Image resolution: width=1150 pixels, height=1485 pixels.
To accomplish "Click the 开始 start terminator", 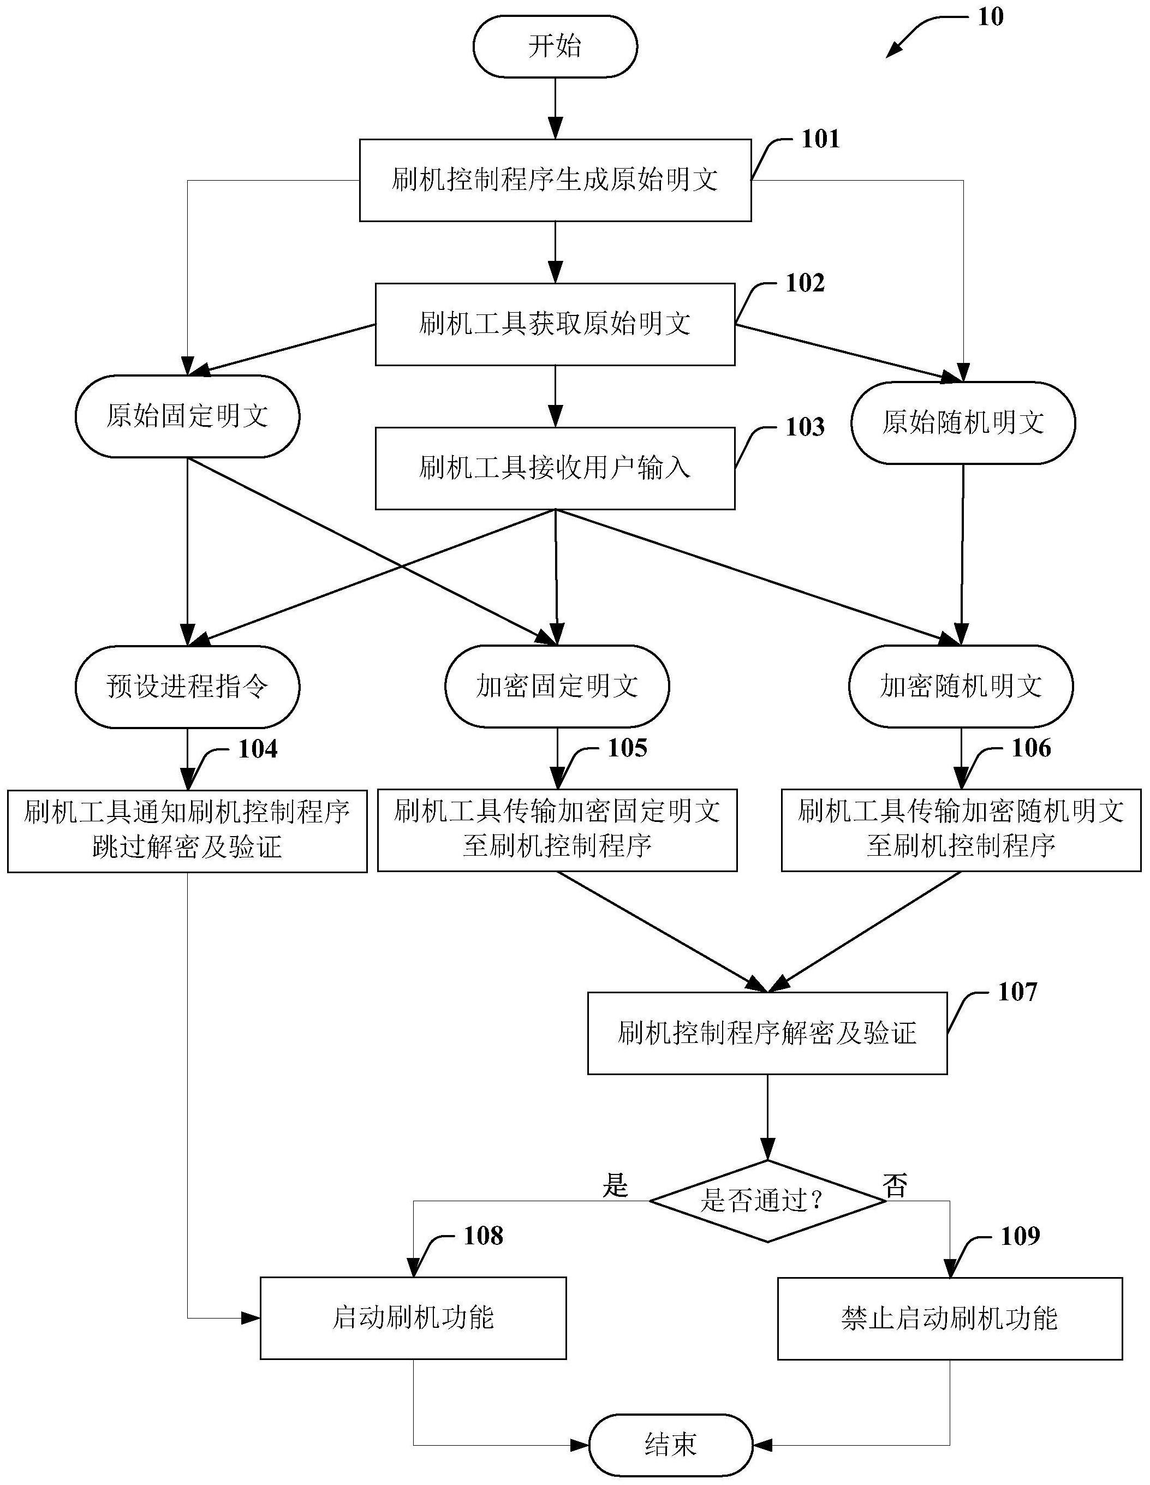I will [555, 46].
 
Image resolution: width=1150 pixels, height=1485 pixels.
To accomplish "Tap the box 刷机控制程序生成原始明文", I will [555, 180].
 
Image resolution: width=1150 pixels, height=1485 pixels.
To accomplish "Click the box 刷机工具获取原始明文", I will [555, 324].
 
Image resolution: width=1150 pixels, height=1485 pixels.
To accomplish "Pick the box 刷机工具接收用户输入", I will [555, 468].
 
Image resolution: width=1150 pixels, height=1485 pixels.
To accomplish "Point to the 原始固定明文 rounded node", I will [187, 416].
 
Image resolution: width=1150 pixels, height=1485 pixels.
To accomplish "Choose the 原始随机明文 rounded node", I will [963, 423].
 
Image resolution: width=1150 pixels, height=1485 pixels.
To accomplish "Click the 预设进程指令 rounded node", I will [187, 686].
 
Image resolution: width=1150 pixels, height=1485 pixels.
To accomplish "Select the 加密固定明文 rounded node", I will [557, 686].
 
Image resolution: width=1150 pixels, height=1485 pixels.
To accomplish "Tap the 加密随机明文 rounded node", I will [961, 686].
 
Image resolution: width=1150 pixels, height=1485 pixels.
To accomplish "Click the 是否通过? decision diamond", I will [767, 1201].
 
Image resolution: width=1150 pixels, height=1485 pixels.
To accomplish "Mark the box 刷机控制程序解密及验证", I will [767, 1034].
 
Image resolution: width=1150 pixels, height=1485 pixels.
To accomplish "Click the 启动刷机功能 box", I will [413, 1319].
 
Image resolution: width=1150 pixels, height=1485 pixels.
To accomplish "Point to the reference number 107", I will [1017, 992].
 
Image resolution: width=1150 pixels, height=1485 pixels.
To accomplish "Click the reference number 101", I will [821, 139].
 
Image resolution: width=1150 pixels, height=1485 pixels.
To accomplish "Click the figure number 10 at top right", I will [990, 17].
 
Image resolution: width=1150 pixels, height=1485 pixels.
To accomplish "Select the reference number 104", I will [258, 749].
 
